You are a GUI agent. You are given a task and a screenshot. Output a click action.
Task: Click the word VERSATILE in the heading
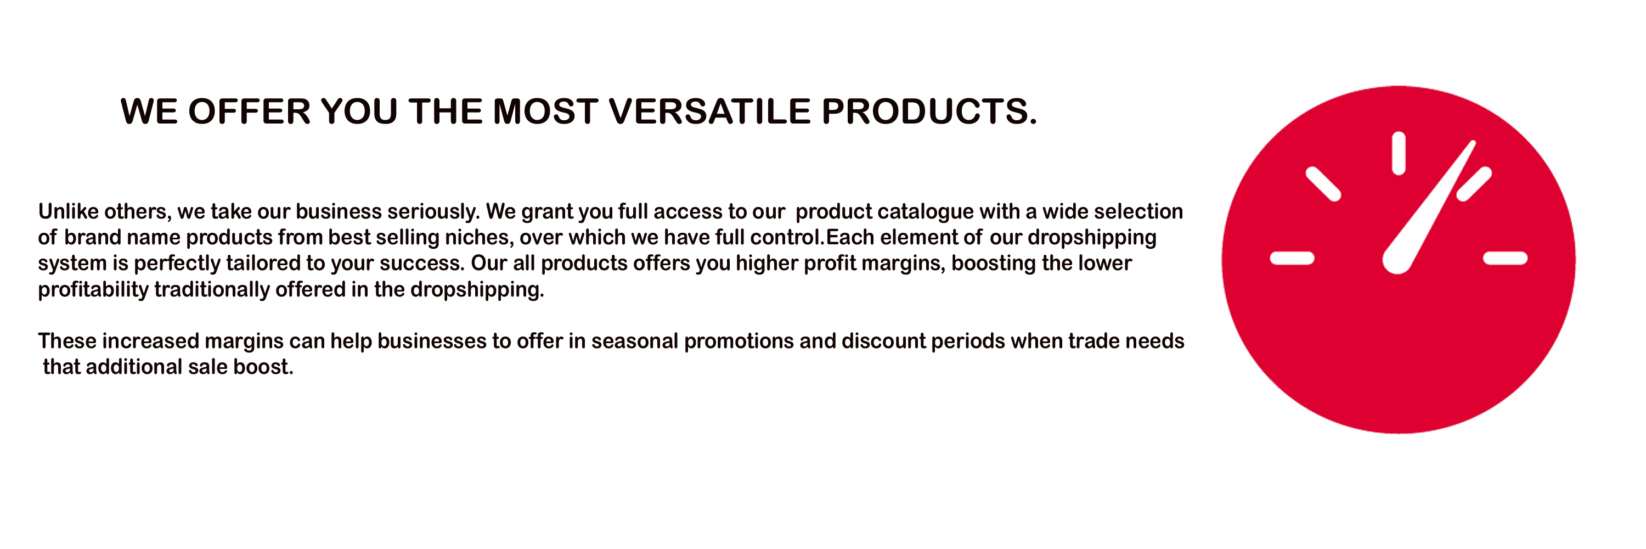709,111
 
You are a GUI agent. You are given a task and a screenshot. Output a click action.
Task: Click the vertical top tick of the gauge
1399,153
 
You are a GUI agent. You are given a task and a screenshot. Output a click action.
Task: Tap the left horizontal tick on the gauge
1292,258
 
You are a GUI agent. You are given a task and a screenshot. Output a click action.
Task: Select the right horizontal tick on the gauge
1506,258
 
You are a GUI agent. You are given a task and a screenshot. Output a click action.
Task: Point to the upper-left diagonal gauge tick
1323,184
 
